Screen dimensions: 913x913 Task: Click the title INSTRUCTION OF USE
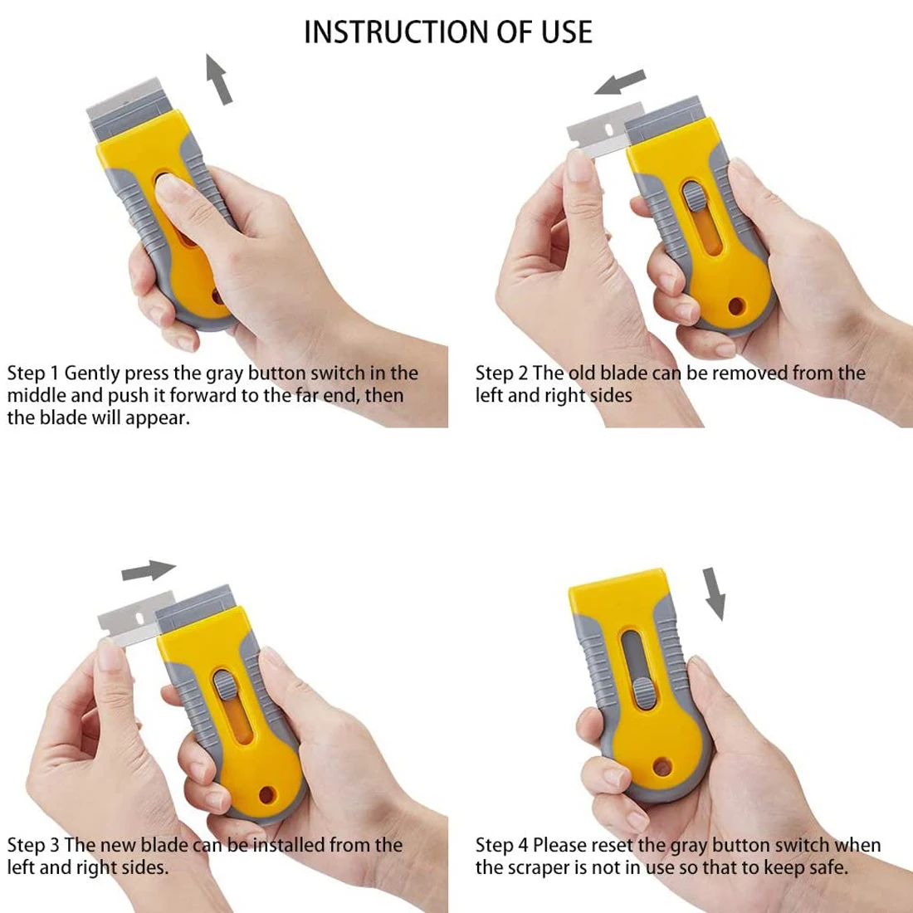[x=448, y=32]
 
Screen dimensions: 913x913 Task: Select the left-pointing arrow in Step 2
[x=621, y=83]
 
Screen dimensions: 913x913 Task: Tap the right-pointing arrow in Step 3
[x=149, y=571]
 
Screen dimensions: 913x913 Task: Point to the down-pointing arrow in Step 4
[x=714, y=593]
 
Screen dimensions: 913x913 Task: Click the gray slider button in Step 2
[x=691, y=199]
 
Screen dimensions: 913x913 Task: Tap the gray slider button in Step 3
[x=224, y=687]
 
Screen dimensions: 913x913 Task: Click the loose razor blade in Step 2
[x=598, y=137]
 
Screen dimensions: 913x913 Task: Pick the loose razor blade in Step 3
[x=129, y=618]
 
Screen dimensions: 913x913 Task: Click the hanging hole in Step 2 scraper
[x=735, y=307]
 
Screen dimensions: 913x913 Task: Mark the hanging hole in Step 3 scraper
[x=266, y=794]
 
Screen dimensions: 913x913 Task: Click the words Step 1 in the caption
[x=32, y=373]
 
